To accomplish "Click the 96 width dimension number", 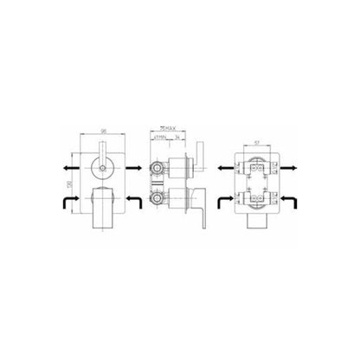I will (102, 130).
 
